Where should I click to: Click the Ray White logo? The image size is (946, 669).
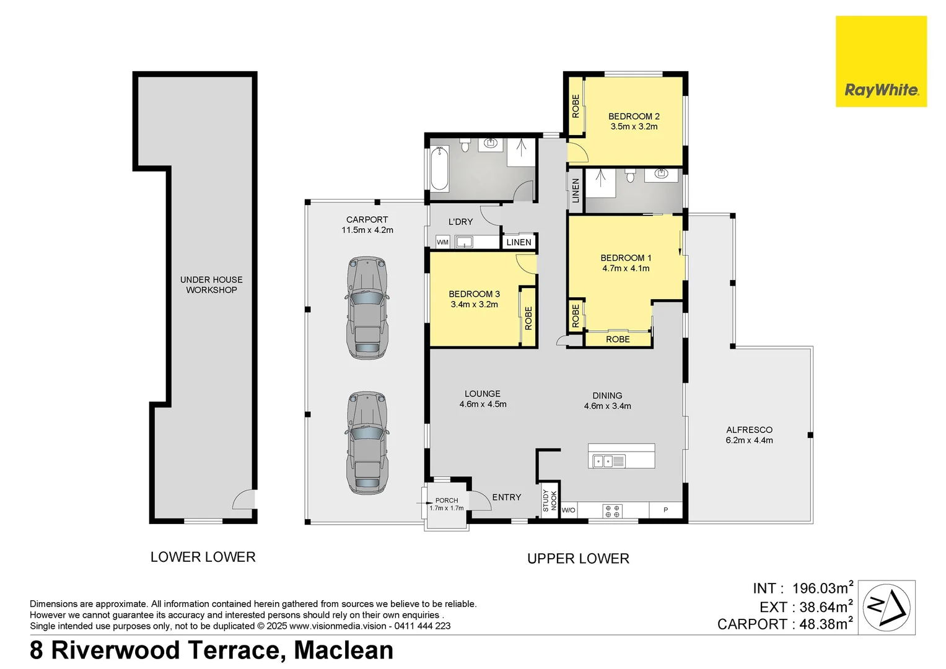click(x=881, y=61)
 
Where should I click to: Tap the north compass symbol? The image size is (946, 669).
click(x=887, y=607)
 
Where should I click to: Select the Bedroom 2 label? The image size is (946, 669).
click(x=634, y=116)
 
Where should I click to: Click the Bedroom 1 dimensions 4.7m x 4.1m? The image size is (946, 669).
click(x=626, y=268)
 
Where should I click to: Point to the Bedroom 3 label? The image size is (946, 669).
click(x=475, y=294)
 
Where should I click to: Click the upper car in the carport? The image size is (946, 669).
click(x=367, y=308)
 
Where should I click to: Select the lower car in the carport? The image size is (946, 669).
click(x=367, y=443)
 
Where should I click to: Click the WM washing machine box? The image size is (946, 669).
click(x=442, y=242)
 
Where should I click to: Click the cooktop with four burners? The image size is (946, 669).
click(x=612, y=511)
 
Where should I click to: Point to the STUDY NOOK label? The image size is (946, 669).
click(x=550, y=501)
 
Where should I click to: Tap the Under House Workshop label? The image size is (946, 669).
click(x=212, y=285)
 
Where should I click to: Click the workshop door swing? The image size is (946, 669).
click(x=244, y=499)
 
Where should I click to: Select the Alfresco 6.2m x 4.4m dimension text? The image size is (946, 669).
click(x=749, y=440)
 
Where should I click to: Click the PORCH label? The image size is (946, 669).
click(x=447, y=501)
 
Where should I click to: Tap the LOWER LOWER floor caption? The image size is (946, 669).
click(x=203, y=557)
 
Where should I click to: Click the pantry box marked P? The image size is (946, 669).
click(x=665, y=510)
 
